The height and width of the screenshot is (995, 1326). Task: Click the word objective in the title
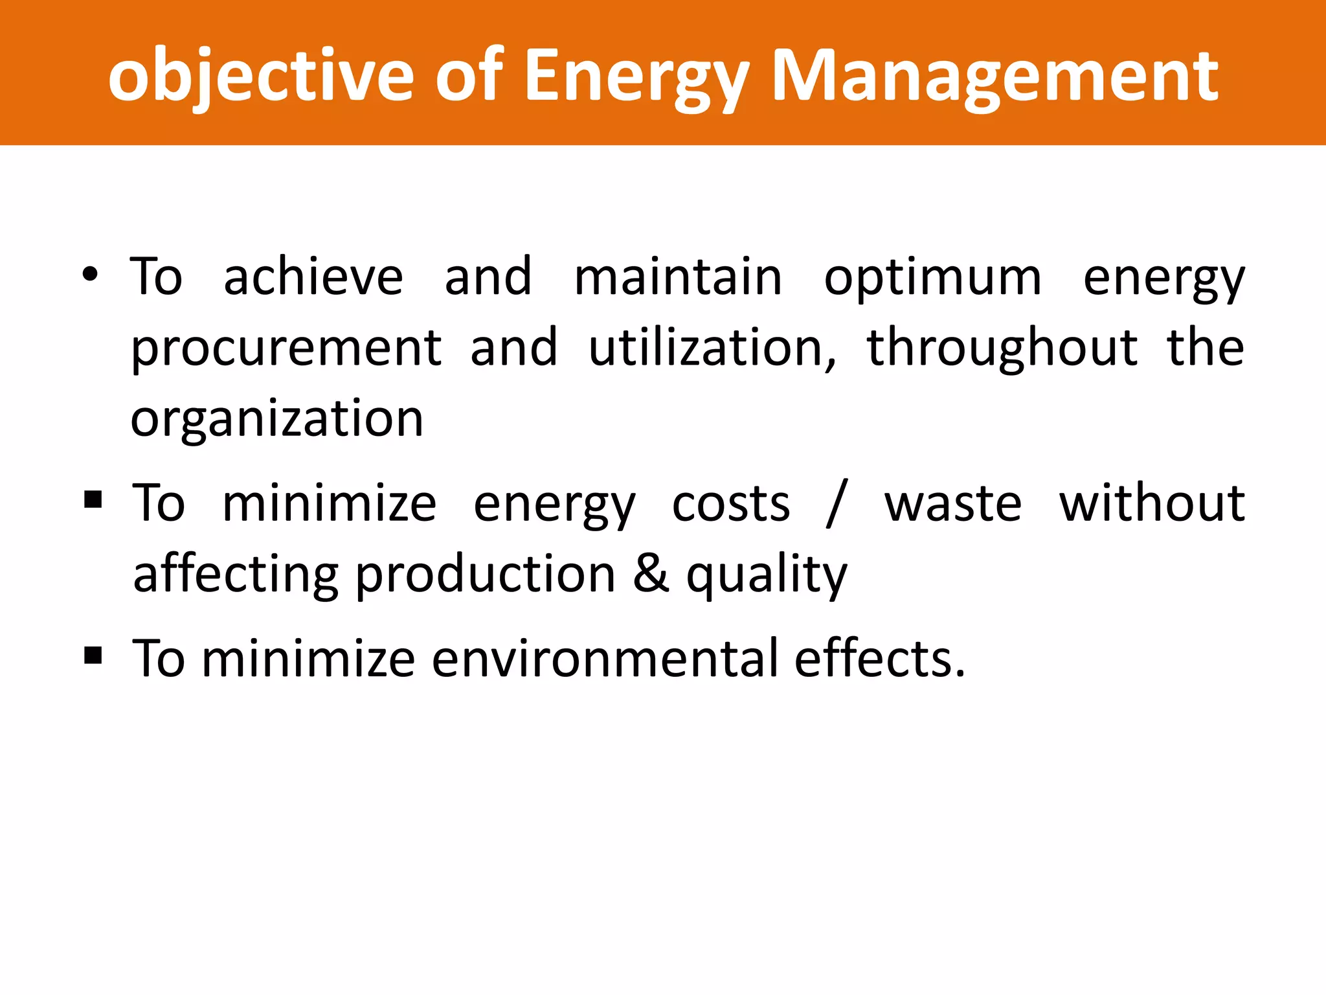[261, 76]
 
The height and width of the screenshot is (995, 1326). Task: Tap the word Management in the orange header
[995, 76]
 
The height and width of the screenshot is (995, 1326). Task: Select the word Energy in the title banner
[636, 76]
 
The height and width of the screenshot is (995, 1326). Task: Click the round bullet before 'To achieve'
[90, 275]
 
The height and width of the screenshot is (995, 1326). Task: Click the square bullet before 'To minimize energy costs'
[93, 499]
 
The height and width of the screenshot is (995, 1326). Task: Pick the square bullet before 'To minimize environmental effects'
[93, 656]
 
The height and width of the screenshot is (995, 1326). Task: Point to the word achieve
[313, 277]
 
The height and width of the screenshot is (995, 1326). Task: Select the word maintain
[678, 277]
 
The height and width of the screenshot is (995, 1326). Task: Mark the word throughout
[1002, 349]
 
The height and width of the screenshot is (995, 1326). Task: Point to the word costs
[731, 505]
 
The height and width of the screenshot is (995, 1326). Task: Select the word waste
[953, 505]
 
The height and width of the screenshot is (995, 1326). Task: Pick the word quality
[767, 576]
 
